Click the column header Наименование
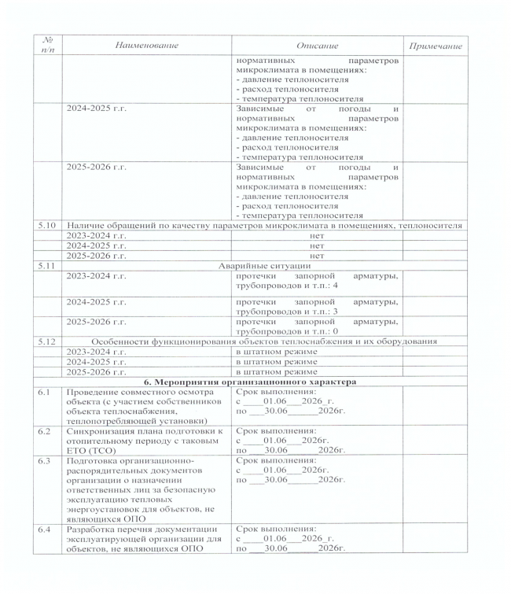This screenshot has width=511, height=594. (145, 46)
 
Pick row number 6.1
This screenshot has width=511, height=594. (46, 391)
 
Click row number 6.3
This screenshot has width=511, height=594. (46, 459)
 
